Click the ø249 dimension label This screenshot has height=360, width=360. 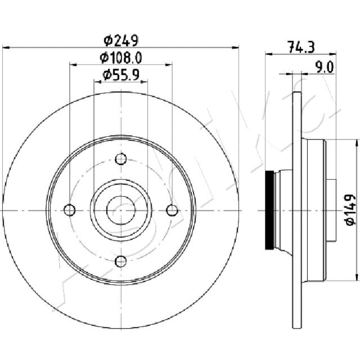point(121,40)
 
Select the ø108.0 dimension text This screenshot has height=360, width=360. point(121,58)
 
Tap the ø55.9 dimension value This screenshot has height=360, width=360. point(121,75)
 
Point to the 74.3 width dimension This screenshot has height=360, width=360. point(301,47)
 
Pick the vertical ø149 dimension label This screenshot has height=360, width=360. point(350,210)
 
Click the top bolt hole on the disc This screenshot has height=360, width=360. point(121,159)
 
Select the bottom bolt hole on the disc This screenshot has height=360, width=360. point(121,261)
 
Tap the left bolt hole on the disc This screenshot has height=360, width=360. point(70,210)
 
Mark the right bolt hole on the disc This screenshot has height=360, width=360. point(172,210)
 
